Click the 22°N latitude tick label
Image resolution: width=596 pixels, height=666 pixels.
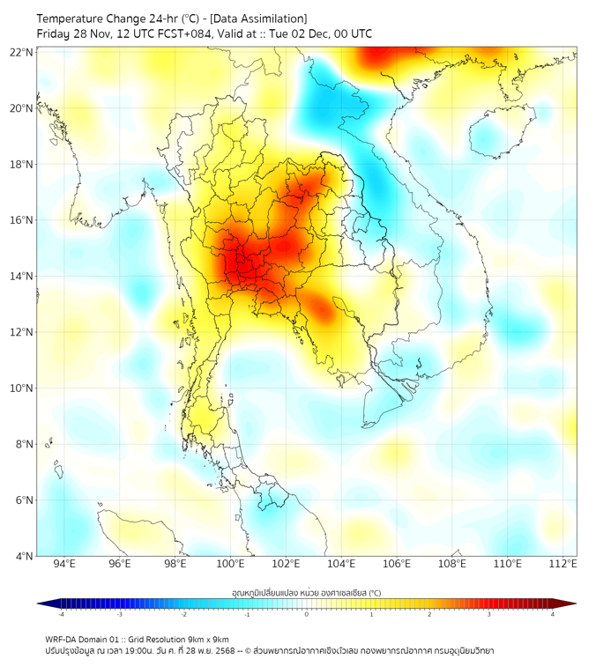(22, 52)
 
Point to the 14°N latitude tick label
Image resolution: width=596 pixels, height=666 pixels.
(22, 276)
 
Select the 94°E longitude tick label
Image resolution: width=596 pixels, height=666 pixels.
(64, 564)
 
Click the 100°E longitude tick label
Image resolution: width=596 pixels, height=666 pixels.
(231, 564)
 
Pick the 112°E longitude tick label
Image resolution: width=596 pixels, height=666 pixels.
(562, 564)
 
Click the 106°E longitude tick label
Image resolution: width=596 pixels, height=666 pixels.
(397, 564)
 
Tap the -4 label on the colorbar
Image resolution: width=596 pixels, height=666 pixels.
(61, 614)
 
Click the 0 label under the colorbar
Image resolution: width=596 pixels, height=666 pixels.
(307, 614)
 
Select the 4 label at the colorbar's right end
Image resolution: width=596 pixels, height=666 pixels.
(553, 614)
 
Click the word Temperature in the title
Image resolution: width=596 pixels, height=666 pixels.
(73, 18)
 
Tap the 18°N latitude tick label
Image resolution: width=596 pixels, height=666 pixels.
(22, 164)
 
